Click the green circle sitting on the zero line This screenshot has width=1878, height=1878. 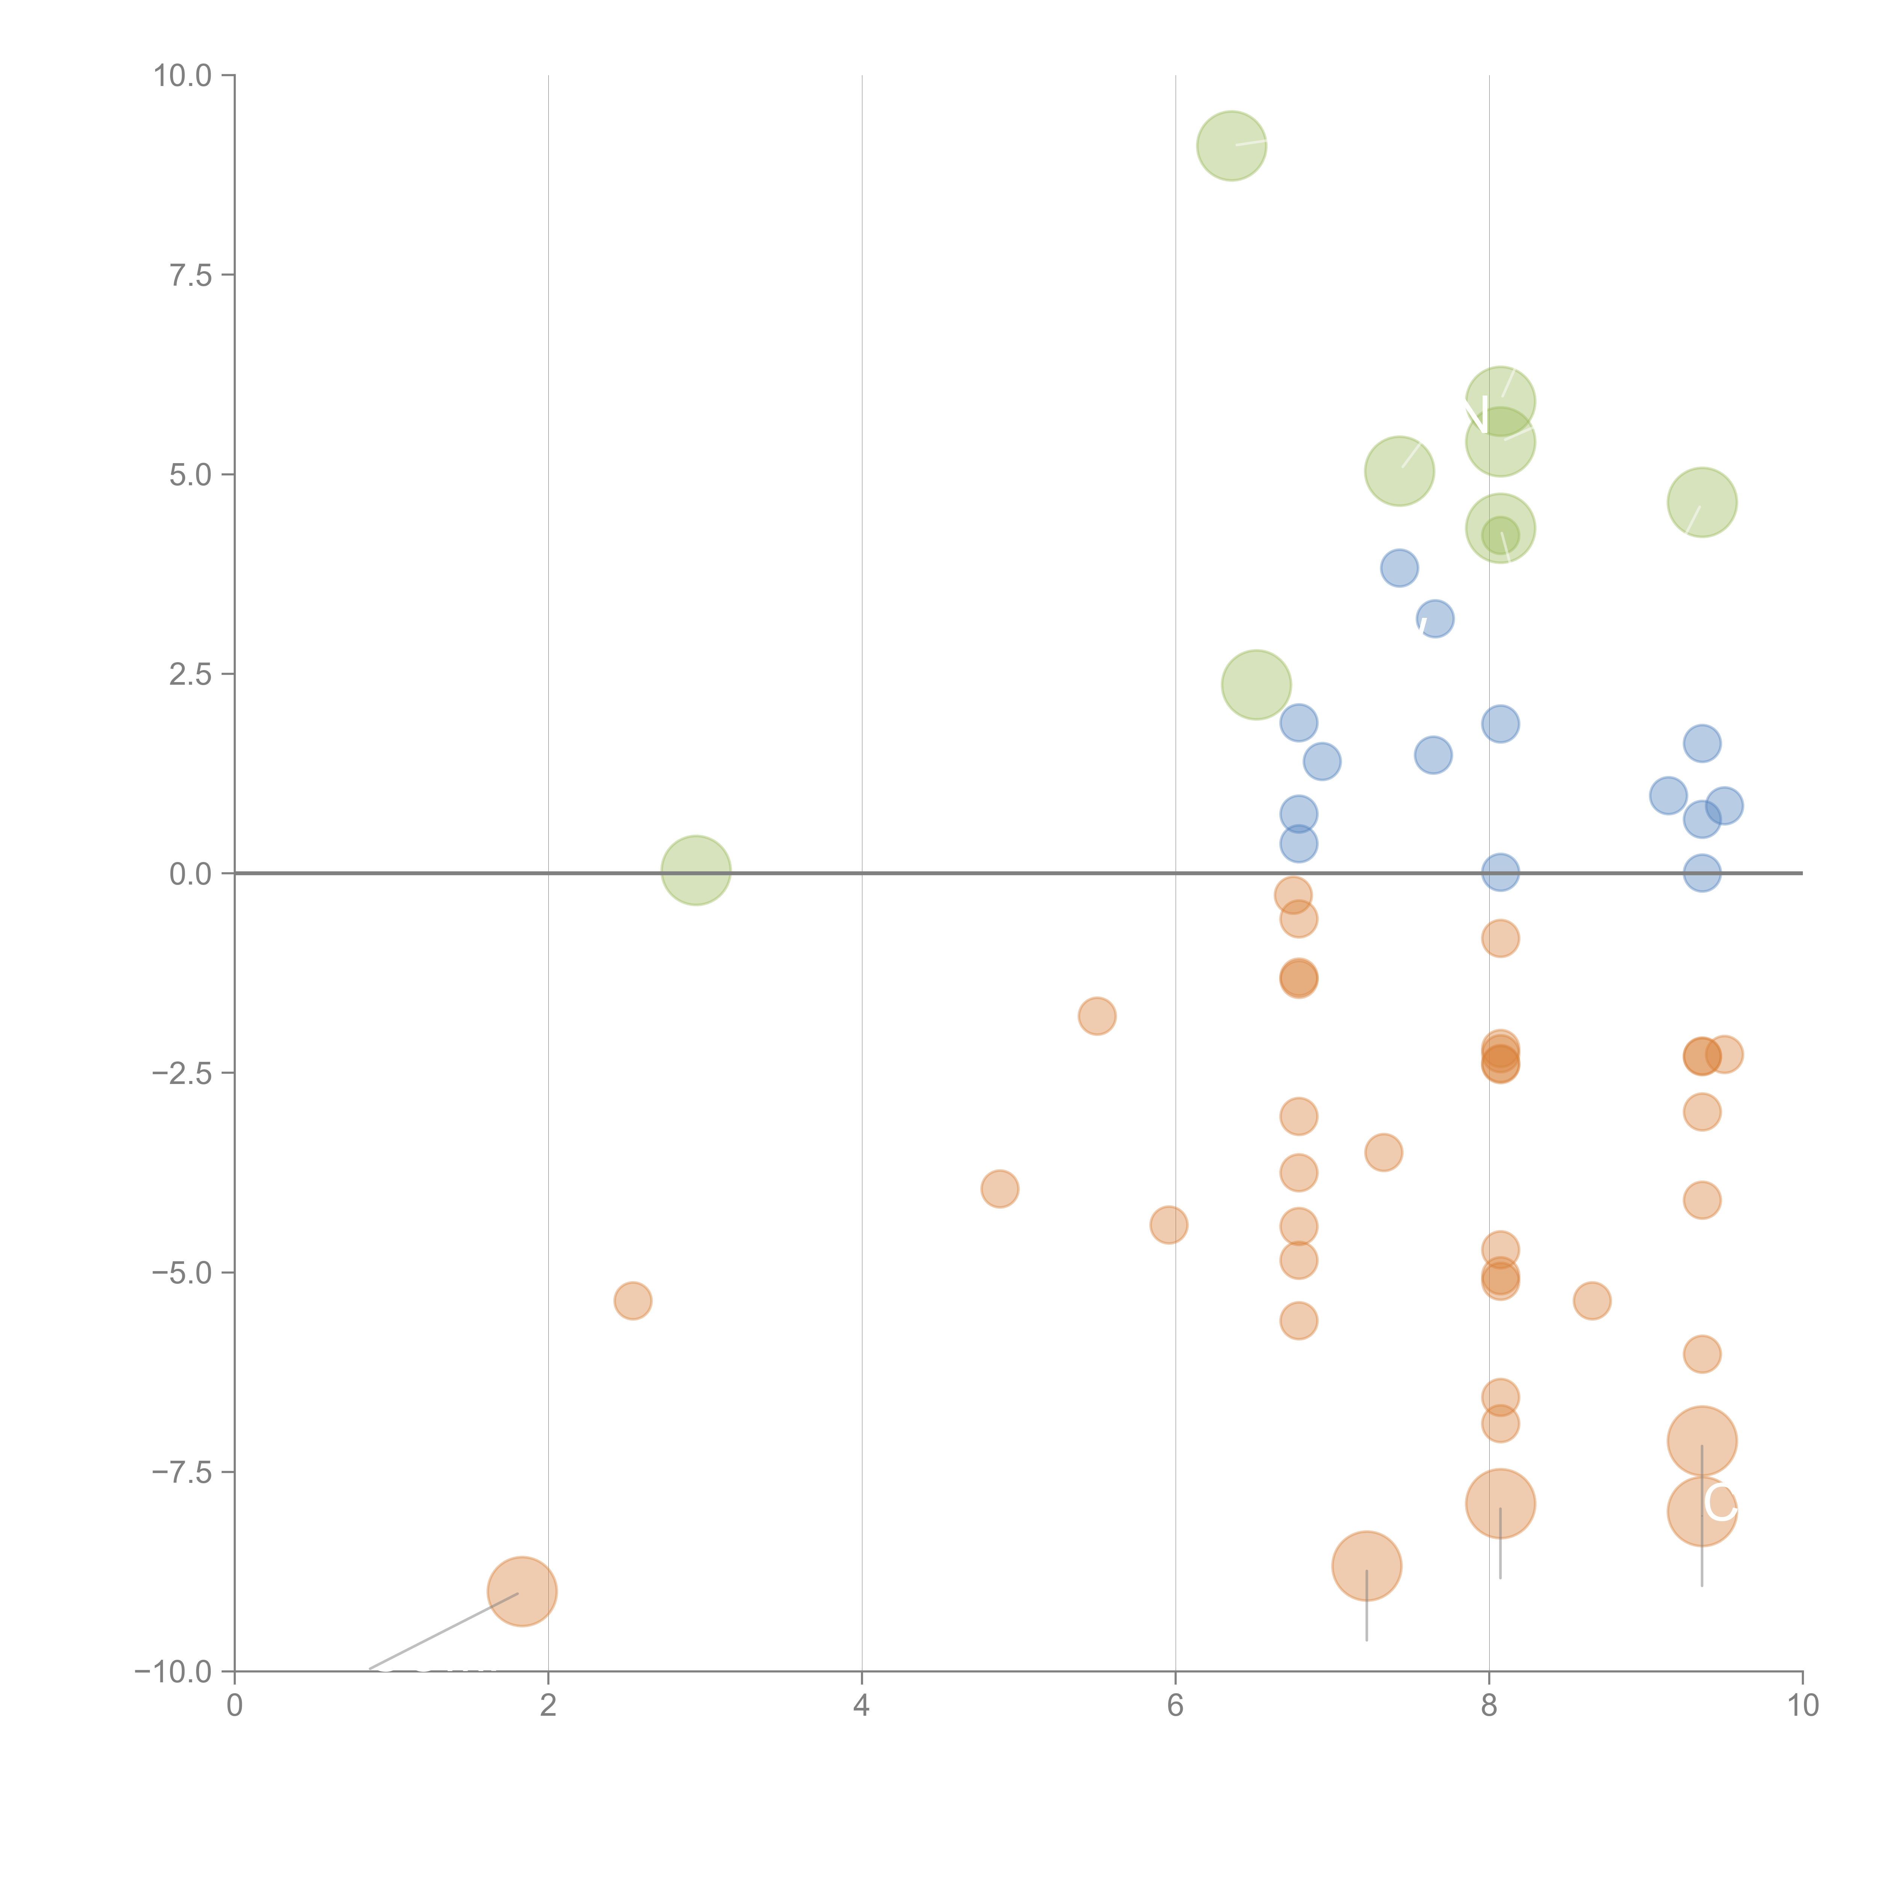(696, 870)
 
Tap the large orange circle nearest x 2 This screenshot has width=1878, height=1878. (522, 1591)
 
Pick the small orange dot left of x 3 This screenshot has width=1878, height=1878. (633, 1301)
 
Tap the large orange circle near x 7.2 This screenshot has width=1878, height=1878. (1367, 1565)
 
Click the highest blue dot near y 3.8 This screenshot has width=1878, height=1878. (1399, 568)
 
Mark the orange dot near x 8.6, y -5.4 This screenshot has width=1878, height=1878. (1591, 1301)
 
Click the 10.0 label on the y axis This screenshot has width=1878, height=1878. (183, 76)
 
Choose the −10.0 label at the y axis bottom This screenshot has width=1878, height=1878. (173, 1672)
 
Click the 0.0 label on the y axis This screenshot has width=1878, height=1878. (190, 874)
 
